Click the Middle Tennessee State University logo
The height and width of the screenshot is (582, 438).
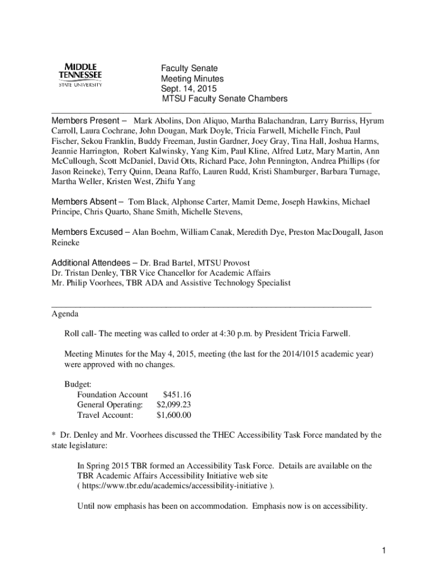point(80,75)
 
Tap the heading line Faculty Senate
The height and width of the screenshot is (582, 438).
point(189,68)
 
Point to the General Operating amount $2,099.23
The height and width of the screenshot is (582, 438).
point(173,405)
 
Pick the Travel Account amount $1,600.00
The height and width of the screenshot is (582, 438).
point(173,415)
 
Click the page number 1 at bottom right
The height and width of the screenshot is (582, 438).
point(385,550)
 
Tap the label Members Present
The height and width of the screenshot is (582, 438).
point(86,121)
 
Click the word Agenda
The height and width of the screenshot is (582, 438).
point(65,314)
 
